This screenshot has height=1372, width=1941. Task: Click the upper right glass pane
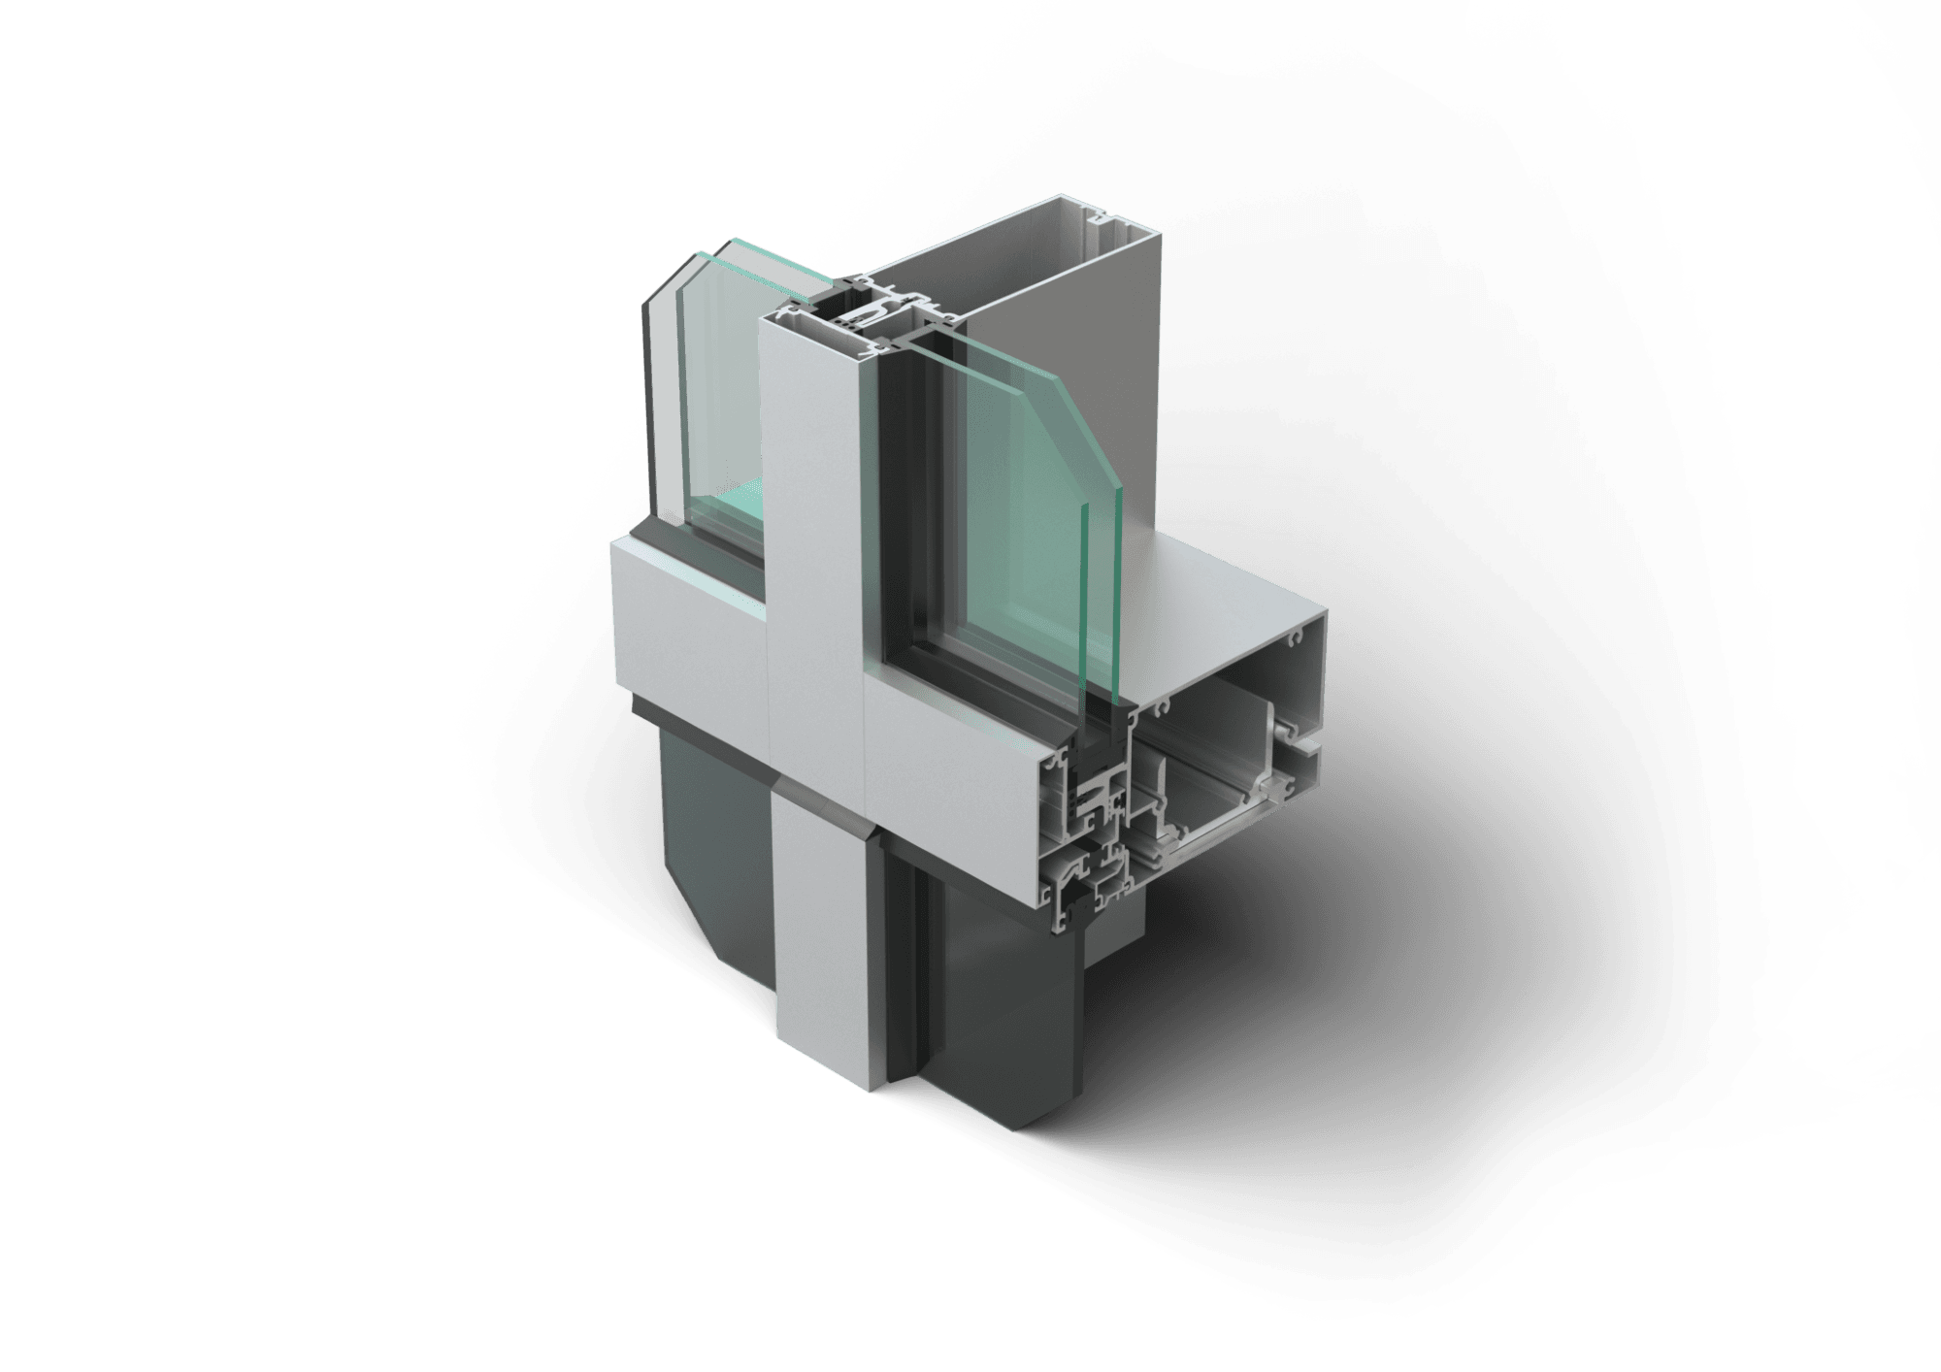pyautogui.click(x=1009, y=505)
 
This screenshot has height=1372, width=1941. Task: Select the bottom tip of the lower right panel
pyautogui.click(x=1029, y=1126)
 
